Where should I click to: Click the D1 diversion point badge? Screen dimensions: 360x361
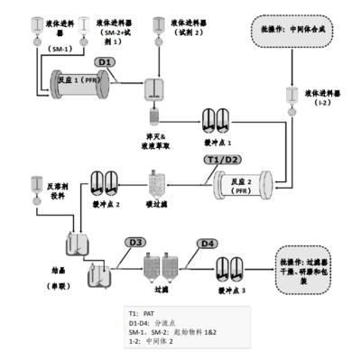pos(105,61)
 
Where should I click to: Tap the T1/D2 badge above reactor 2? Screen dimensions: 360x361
pos(221,160)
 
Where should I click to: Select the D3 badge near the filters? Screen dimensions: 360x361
pos(134,242)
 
